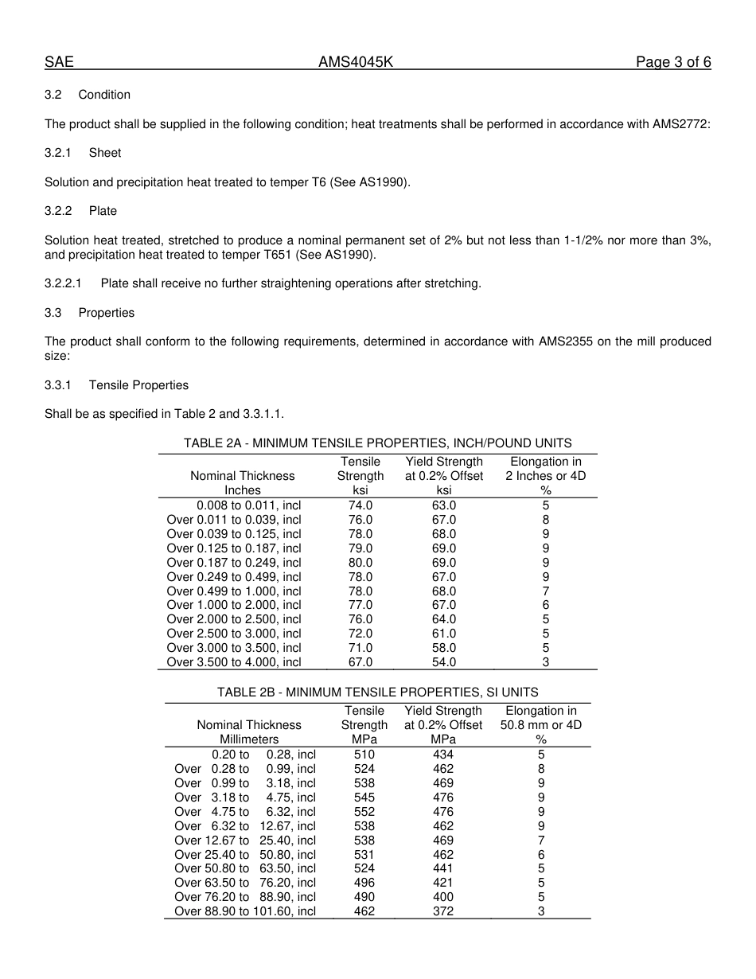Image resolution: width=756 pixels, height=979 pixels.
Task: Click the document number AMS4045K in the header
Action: click(x=356, y=63)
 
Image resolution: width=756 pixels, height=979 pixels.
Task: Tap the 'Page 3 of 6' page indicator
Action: click(x=673, y=63)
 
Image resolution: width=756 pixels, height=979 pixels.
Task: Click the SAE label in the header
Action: click(x=59, y=63)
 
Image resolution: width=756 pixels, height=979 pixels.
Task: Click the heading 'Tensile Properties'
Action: click(x=138, y=385)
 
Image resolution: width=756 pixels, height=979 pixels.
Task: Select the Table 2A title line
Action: click(x=377, y=443)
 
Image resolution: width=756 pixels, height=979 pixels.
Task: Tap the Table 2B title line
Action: click(x=377, y=692)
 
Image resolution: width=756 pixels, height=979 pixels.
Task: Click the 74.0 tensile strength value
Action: click(x=360, y=505)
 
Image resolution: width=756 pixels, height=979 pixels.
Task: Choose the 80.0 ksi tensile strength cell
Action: click(x=360, y=563)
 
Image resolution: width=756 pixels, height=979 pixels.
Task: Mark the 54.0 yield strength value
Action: click(x=443, y=662)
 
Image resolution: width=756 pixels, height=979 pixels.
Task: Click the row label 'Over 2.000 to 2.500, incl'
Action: click(x=234, y=619)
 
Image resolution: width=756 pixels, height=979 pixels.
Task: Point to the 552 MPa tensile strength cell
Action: click(x=364, y=812)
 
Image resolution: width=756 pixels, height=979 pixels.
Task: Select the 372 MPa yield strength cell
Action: click(x=443, y=911)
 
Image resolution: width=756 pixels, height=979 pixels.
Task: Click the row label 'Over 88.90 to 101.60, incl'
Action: click(x=245, y=911)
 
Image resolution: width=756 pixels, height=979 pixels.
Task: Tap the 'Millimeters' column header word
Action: click(x=249, y=739)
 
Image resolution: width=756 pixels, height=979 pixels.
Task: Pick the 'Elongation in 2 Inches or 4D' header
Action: click(x=545, y=476)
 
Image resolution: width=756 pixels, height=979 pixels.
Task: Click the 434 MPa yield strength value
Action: click(x=443, y=755)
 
